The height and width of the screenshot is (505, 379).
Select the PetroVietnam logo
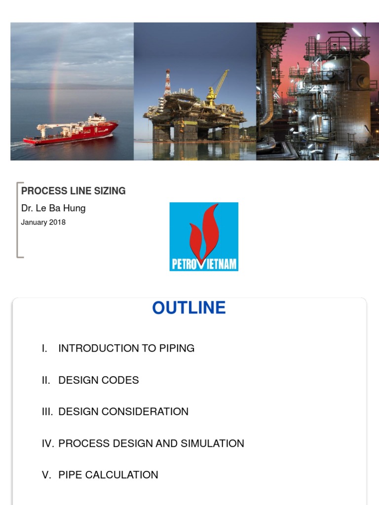click(204, 236)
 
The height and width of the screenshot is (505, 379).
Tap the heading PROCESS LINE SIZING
click(73, 191)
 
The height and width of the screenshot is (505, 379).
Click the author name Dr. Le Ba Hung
click(53, 208)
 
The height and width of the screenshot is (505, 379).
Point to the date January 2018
click(43, 222)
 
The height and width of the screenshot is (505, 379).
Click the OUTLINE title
click(189, 308)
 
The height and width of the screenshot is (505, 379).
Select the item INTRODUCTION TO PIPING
click(126, 348)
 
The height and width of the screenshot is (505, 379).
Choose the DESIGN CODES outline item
click(99, 380)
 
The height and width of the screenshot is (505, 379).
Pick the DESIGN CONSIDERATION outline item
click(123, 412)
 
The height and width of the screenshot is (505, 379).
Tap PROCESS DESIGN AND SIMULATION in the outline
click(151, 443)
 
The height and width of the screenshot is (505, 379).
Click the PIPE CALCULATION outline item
click(108, 475)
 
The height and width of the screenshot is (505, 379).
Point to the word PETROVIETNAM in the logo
click(204, 264)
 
